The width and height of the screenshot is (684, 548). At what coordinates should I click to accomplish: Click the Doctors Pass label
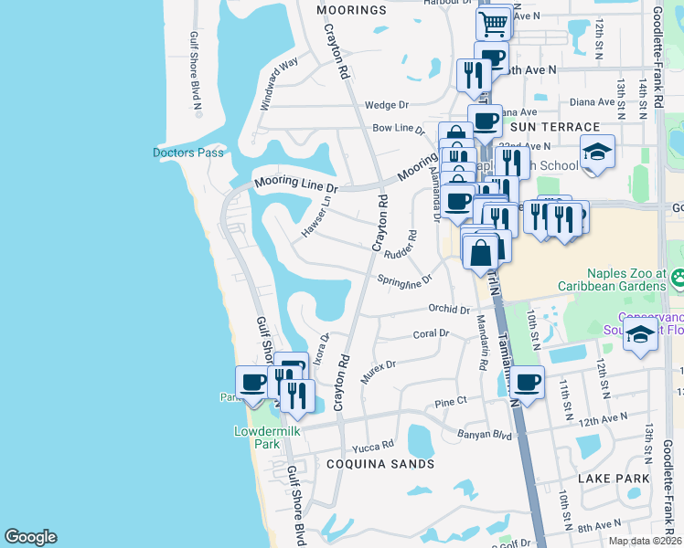tap(188, 153)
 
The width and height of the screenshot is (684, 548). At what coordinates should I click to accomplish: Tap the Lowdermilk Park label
tap(256, 437)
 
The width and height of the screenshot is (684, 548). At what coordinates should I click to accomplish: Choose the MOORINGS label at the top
tap(352, 10)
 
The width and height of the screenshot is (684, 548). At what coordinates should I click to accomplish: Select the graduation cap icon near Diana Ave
tap(597, 151)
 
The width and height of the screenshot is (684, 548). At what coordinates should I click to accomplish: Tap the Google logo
tap(30, 537)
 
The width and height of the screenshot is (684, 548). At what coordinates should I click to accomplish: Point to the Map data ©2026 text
tap(646, 541)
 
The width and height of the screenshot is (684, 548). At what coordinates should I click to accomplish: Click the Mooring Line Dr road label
tap(296, 184)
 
